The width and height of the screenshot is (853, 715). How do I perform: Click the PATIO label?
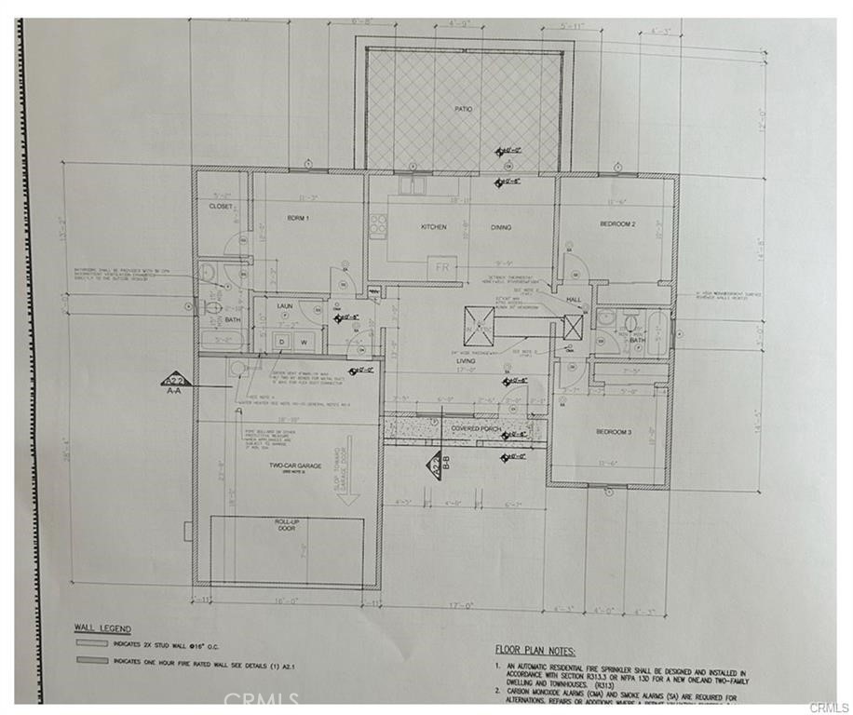[463, 109]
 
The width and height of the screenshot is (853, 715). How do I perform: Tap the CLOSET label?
[220, 206]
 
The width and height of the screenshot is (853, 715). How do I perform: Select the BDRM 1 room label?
[297, 217]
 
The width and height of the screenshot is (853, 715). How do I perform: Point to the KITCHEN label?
[433, 226]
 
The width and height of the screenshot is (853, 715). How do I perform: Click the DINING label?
[501, 226]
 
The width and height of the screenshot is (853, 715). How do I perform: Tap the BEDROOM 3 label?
[616, 431]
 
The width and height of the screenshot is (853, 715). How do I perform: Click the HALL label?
[575, 299]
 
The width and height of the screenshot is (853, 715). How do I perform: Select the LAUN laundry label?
[285, 304]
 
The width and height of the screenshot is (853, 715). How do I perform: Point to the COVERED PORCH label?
[477, 429]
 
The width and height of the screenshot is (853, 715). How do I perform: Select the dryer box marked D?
[279, 342]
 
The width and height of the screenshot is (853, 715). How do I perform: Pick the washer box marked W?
[303, 342]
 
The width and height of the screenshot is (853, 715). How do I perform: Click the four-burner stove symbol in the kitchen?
[378, 224]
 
